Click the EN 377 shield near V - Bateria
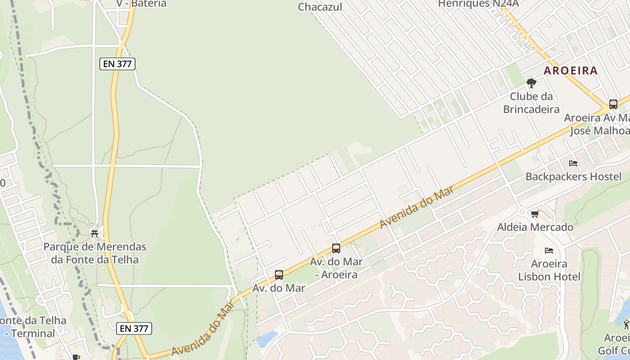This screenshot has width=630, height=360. pos(117,64)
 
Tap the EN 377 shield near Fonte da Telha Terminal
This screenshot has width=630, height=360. pos(134,328)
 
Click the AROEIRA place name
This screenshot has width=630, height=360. pos(571,71)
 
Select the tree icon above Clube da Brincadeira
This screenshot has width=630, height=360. pos(531,83)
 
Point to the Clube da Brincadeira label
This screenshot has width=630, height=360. pos(531,103)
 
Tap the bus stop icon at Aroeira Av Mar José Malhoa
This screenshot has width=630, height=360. pos(613,104)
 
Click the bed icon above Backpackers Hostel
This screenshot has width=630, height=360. pos(573,163)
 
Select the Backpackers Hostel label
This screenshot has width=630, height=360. pos(573,176)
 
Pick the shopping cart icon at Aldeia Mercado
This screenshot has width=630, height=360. pos(535,214)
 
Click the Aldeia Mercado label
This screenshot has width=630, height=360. pos(535,227)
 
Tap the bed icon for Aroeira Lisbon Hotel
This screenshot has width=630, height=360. pos(549,251)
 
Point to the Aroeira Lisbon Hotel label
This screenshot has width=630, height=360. pos(549,270)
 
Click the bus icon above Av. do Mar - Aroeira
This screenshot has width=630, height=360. pos(336,248)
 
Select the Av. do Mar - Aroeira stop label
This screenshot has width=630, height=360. pos(336,268)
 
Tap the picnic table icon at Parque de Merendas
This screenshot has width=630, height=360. pos(94,234)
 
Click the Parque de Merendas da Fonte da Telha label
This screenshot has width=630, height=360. pos(94,253)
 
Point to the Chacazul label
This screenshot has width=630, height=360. pos(320,7)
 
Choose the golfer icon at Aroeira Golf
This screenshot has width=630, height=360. pos(626,324)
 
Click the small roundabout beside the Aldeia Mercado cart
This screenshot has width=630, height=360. pos(522,211)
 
